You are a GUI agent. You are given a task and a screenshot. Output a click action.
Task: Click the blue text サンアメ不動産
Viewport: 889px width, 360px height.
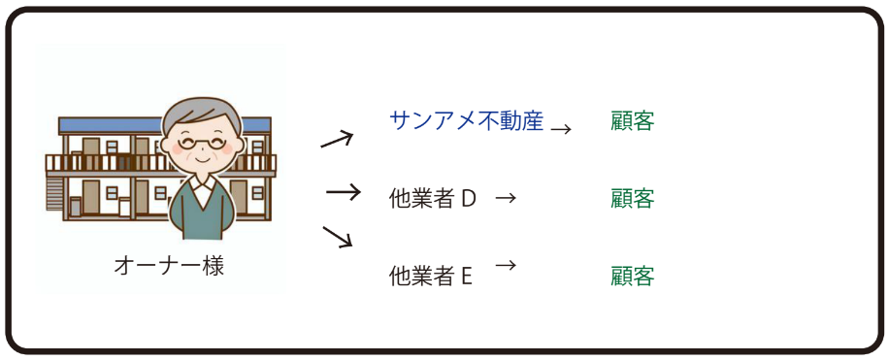(x=466, y=121)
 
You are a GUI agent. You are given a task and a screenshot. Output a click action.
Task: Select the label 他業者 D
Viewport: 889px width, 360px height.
(x=432, y=199)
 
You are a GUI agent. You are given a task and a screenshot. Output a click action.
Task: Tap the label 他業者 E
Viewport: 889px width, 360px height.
(x=430, y=277)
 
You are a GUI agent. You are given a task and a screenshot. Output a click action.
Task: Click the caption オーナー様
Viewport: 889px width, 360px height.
(x=169, y=266)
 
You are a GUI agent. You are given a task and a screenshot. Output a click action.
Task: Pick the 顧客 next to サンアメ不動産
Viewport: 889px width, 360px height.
(x=633, y=121)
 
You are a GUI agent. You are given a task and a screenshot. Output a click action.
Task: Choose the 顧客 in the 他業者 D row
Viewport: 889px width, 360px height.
(x=633, y=199)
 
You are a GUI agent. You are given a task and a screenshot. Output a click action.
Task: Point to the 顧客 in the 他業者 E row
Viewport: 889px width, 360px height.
(x=633, y=277)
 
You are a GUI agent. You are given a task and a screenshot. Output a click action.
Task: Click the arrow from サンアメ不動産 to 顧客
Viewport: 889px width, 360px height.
(x=561, y=127)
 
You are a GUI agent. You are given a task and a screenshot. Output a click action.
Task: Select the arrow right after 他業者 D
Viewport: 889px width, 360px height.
(x=505, y=198)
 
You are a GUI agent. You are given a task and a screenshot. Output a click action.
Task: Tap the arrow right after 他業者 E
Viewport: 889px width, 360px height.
(x=505, y=264)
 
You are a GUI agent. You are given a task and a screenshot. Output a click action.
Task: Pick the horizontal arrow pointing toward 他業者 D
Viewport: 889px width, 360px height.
(x=343, y=192)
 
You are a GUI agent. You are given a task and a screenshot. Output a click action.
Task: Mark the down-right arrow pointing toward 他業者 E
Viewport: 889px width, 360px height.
(x=337, y=236)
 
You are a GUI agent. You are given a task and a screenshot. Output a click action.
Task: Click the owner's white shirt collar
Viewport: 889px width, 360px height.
(x=202, y=189)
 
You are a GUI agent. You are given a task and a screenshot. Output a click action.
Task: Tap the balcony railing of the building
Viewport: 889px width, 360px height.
(x=97, y=162)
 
